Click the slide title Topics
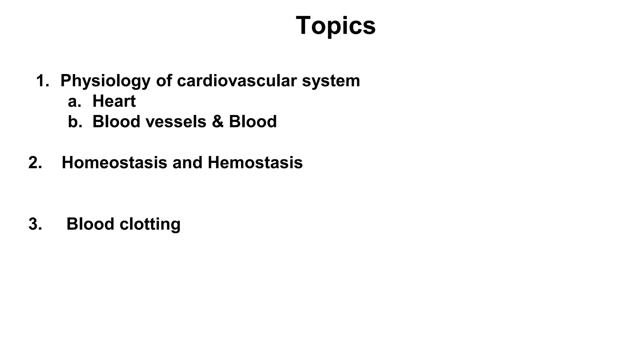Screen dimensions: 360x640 click(335, 26)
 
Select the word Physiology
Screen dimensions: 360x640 click(105, 81)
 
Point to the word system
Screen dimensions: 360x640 click(331, 81)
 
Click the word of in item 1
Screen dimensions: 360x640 click(164, 81)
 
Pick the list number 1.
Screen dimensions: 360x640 click(42, 81)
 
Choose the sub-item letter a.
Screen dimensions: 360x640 click(74, 102)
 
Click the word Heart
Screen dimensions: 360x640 click(114, 101)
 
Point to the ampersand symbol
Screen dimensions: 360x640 click(217, 122)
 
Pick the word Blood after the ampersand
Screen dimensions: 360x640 click(253, 122)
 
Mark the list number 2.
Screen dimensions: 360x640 click(35, 163)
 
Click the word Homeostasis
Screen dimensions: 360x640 click(114, 163)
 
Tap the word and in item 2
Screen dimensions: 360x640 click(187, 163)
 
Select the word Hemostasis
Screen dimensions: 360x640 click(255, 163)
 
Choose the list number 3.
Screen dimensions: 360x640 click(35, 224)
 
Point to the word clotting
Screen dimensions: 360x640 click(150, 224)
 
